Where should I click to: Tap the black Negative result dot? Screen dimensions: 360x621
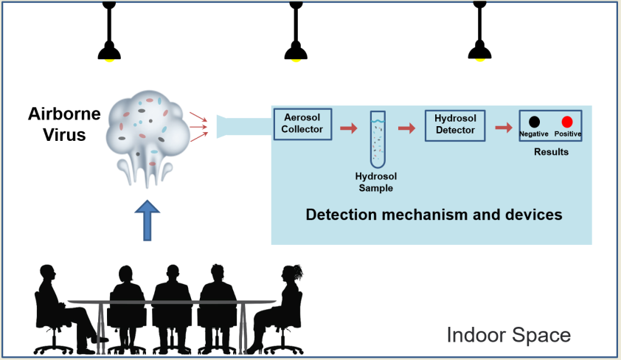(x=534, y=122)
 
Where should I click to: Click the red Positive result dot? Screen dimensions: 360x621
(x=567, y=122)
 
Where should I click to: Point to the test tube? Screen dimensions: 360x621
(x=378, y=142)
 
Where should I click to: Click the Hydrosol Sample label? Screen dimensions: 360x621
(x=375, y=183)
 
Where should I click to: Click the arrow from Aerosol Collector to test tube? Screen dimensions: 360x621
(x=348, y=129)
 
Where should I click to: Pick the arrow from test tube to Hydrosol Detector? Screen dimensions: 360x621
(x=406, y=128)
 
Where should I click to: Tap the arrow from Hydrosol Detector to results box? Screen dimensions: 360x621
(x=504, y=128)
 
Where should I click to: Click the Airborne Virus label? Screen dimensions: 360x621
(x=57, y=124)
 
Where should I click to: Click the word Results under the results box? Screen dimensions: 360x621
(x=551, y=152)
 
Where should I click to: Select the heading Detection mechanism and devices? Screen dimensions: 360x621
(x=434, y=215)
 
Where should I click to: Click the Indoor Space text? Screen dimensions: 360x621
(x=508, y=336)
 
